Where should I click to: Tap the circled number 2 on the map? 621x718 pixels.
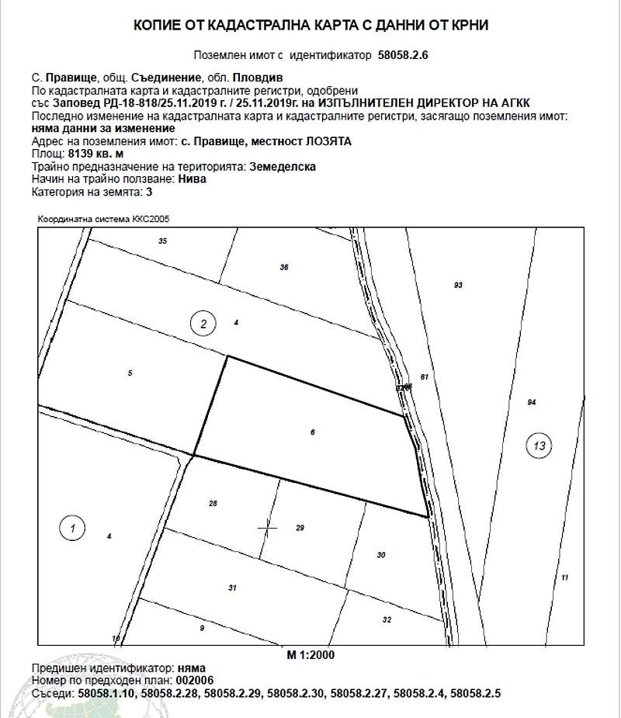click(x=203, y=324)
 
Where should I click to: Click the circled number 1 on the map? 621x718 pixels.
click(x=72, y=529)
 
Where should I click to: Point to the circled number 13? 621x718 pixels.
click(x=539, y=446)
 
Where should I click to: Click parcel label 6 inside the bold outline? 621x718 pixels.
click(x=312, y=432)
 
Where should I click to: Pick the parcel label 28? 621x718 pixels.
click(x=213, y=503)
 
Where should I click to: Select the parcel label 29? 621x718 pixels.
click(x=300, y=528)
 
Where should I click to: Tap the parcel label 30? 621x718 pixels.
click(x=380, y=554)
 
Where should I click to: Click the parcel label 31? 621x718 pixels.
click(x=232, y=588)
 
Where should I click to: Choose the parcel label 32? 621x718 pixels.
click(x=387, y=619)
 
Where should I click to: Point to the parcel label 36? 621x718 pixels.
click(x=283, y=267)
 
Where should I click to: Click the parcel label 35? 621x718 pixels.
click(x=162, y=241)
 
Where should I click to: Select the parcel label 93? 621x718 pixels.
click(x=458, y=286)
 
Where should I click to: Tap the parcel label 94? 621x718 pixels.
click(x=532, y=402)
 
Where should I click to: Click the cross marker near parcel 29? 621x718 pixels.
click(x=267, y=527)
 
